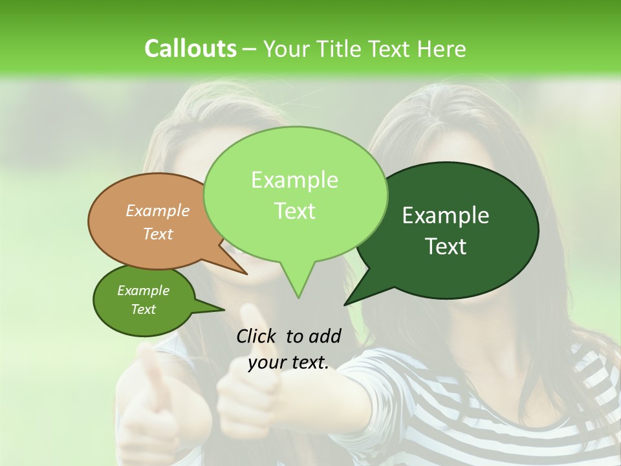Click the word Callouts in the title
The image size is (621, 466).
coord(191,49)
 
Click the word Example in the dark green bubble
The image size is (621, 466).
coord(446,216)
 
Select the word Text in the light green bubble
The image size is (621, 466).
coord(294,211)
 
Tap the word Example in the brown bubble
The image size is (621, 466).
coord(158,210)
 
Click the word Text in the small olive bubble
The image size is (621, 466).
coord(144,309)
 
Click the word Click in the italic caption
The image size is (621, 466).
coord(256,336)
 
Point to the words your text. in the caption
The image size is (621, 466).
coord(289,363)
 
